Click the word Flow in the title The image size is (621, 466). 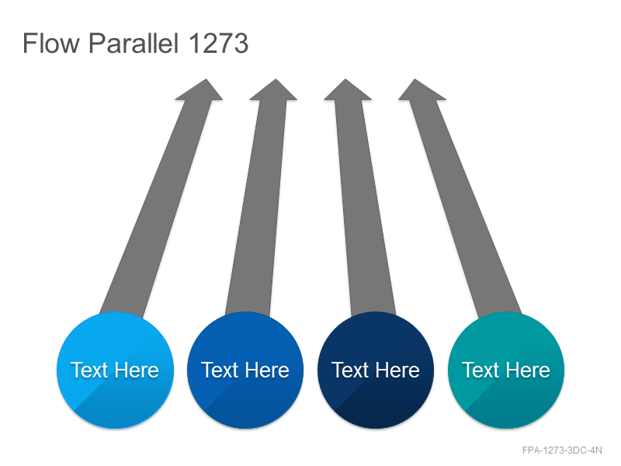51,43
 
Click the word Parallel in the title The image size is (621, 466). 134,43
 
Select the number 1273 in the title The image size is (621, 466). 219,43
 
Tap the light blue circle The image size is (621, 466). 115,370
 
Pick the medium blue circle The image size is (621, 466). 245,370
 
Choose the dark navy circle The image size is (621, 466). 376,370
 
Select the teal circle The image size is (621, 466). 506,370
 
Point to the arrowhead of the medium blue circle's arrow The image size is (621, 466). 274,91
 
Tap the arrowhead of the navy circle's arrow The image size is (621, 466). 347,91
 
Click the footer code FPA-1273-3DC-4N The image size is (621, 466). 562,450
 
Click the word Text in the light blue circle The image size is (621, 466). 89,370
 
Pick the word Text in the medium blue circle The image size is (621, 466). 220,370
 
